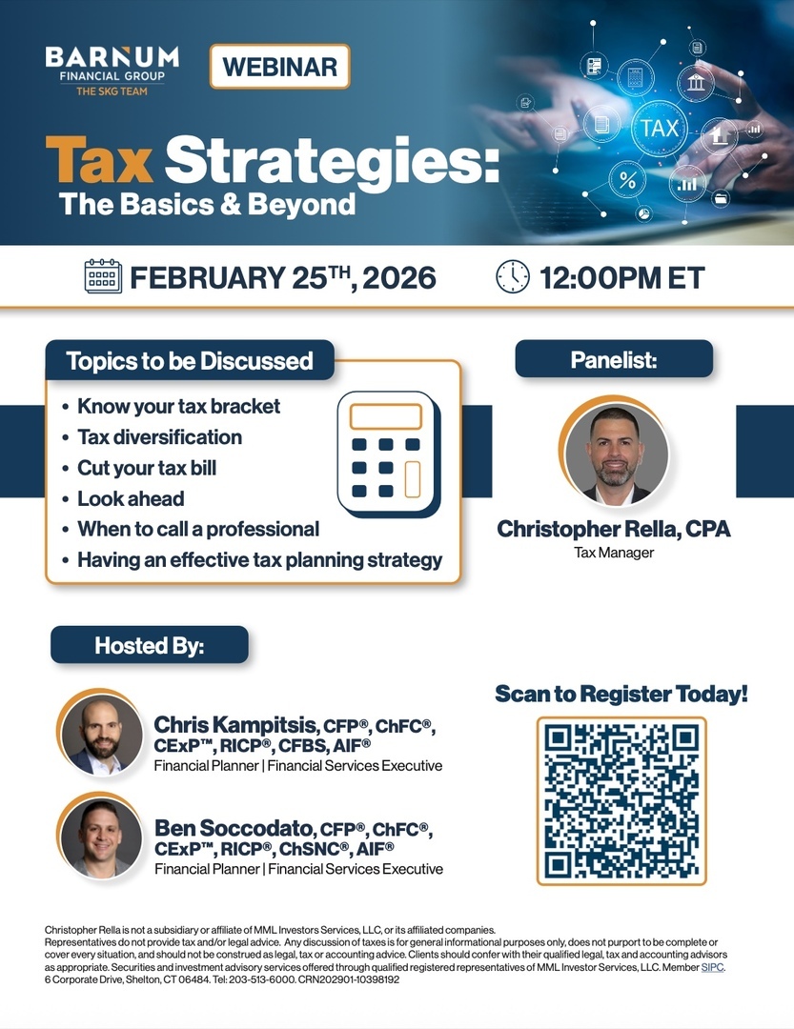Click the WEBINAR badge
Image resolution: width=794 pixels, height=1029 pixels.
point(280,67)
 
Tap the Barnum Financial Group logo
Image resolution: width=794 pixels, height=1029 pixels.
point(112,71)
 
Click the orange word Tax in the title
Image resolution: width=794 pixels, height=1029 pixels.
point(99,159)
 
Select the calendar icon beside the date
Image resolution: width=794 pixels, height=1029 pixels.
point(103,276)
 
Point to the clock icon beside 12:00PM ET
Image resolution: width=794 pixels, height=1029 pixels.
point(512,276)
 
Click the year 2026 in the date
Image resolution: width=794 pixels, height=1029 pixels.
point(398,277)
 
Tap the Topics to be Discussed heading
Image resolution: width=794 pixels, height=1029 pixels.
point(190,360)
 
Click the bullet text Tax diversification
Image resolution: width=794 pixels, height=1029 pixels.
point(159,437)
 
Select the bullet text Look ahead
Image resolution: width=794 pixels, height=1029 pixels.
point(131,498)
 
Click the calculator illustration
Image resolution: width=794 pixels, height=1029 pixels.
point(389,454)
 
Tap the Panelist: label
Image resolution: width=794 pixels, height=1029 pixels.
point(614,359)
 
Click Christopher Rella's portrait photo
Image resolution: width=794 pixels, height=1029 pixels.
point(616,453)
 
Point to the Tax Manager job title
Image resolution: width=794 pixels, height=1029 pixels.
point(614,553)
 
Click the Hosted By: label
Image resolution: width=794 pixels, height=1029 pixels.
point(149,645)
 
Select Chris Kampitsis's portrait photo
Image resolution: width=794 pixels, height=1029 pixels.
point(101,734)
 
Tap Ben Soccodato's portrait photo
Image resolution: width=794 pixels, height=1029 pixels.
point(101,837)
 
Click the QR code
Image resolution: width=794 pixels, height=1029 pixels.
point(621,801)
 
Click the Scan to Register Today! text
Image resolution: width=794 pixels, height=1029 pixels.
point(621,694)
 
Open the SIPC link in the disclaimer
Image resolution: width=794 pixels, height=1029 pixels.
point(713,967)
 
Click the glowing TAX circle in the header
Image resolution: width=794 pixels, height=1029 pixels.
point(659,128)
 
